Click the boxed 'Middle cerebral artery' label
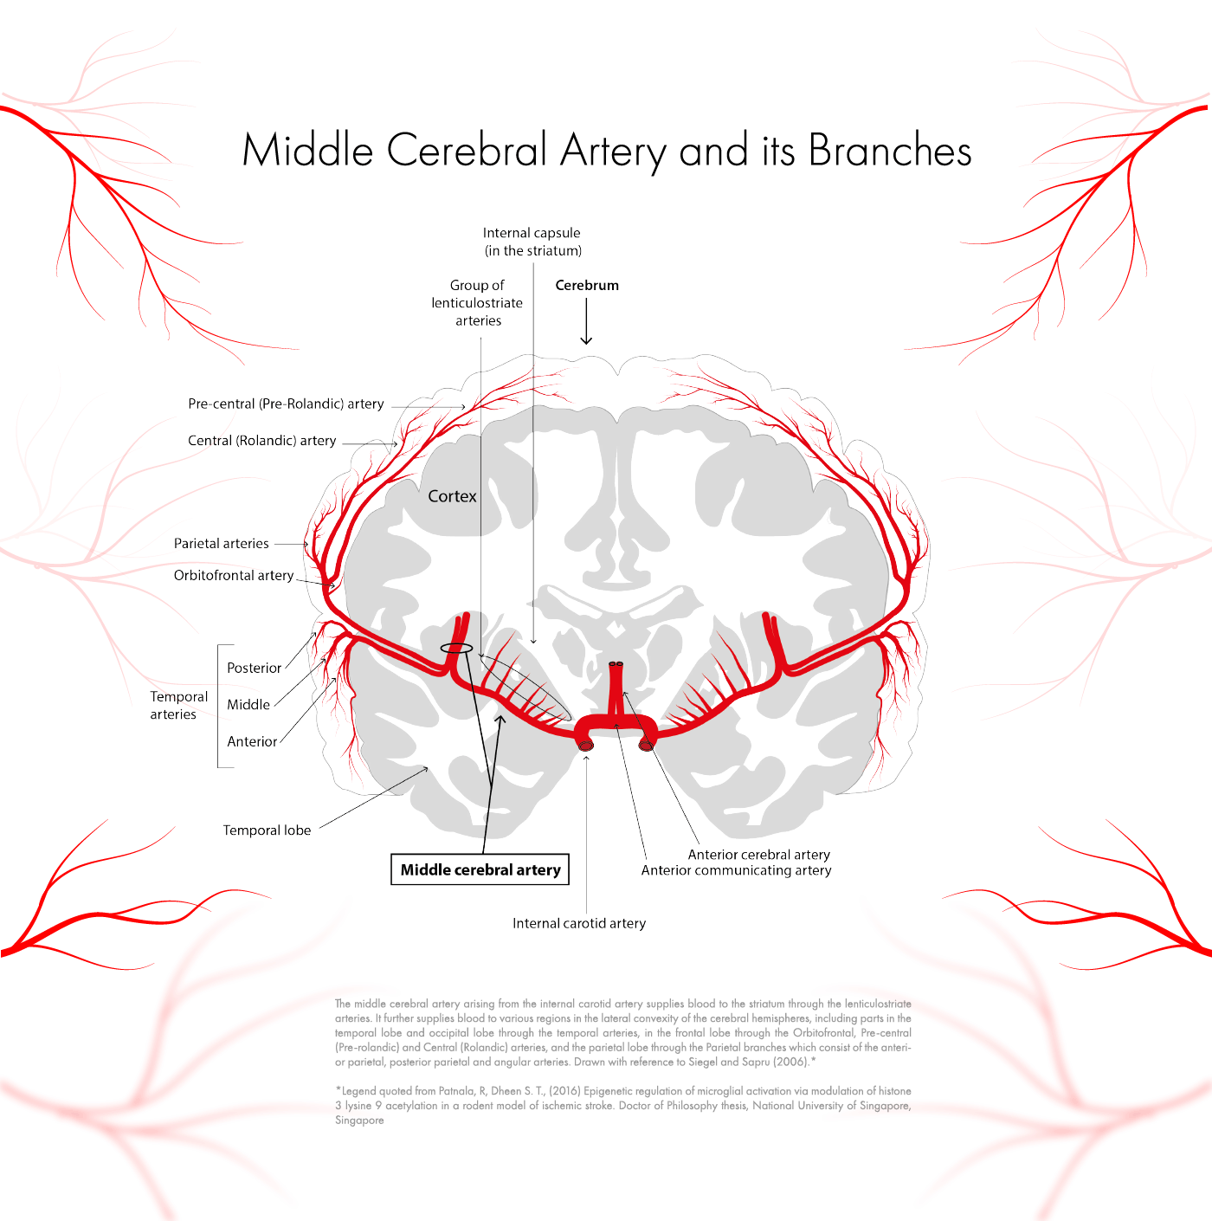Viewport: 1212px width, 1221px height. click(x=480, y=869)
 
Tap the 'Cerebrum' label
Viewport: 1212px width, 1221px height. click(x=587, y=285)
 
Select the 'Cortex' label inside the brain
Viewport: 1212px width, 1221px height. click(x=452, y=496)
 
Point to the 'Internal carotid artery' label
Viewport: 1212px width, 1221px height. click(x=579, y=923)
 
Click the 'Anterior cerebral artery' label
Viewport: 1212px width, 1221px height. click(x=758, y=855)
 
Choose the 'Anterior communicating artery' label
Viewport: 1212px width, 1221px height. click(x=736, y=870)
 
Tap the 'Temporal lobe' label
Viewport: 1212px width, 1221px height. click(x=267, y=830)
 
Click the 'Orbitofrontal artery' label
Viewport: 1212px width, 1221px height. click(x=234, y=575)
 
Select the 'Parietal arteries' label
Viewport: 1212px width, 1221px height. click(x=222, y=544)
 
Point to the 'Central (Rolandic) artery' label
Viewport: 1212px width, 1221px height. click(x=262, y=441)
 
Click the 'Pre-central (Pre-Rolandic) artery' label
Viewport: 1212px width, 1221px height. click(x=286, y=404)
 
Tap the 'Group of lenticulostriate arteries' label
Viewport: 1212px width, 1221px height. click(x=477, y=303)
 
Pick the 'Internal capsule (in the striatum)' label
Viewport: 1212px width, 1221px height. click(x=532, y=242)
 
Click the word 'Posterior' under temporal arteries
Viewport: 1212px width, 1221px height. click(x=254, y=668)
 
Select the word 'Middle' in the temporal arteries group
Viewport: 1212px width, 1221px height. click(x=248, y=705)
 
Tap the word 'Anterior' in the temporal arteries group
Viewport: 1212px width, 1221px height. click(x=252, y=742)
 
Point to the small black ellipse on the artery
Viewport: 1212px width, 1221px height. click(x=456, y=649)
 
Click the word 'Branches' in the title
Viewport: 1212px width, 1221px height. click(x=890, y=151)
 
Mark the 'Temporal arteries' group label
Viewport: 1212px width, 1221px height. click(x=178, y=706)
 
